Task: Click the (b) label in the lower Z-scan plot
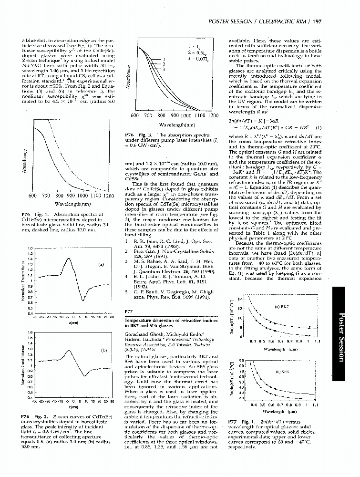103,350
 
